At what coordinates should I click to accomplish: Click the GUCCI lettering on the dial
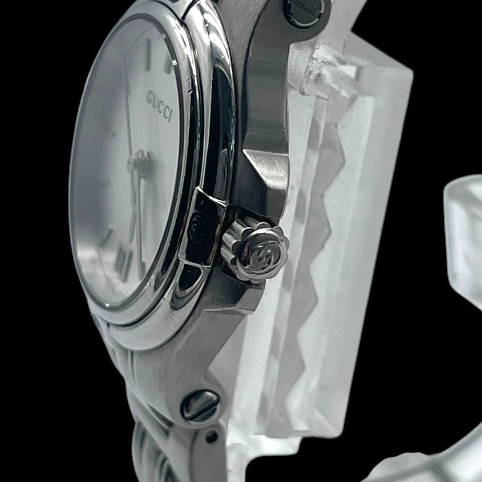click(x=160, y=105)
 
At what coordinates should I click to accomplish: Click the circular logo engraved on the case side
click(x=198, y=226)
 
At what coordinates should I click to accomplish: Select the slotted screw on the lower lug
click(x=200, y=406)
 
